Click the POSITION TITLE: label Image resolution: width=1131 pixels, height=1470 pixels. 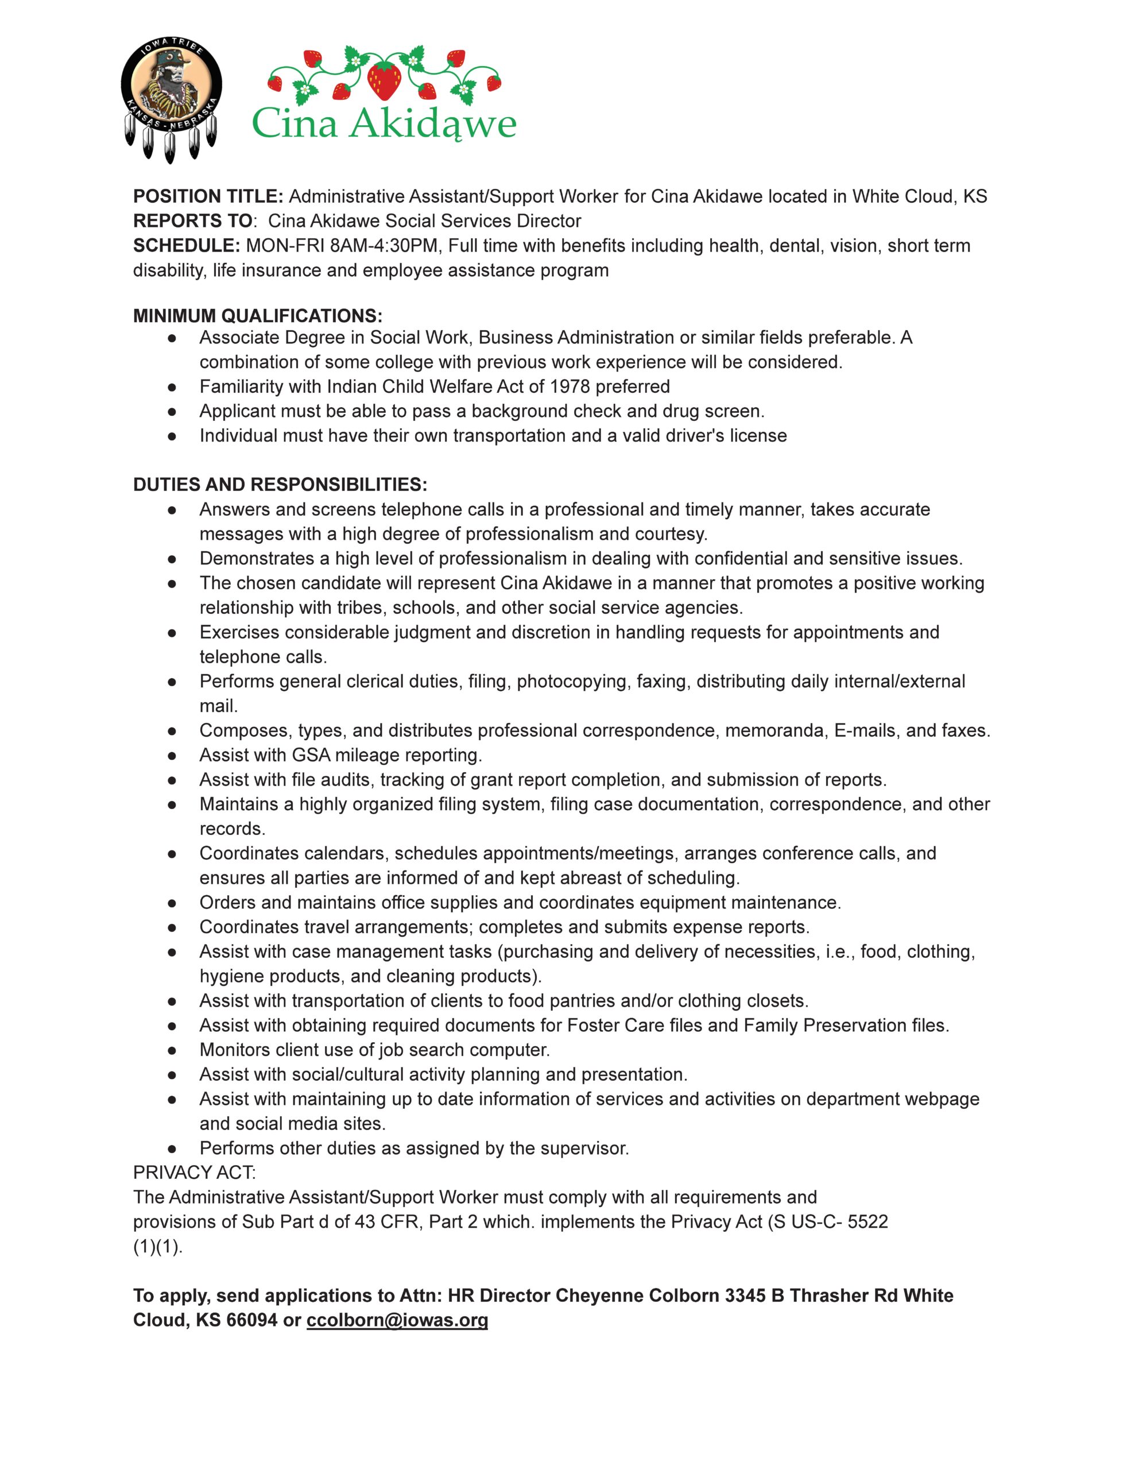coord(208,196)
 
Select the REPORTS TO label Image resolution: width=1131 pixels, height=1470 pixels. coord(192,220)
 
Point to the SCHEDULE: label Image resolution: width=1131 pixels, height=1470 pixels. coord(187,246)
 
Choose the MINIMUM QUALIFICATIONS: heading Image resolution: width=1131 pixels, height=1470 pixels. coord(258,316)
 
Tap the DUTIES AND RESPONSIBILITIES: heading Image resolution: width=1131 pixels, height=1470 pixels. coord(280,485)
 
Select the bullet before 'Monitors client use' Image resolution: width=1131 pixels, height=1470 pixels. coord(172,1050)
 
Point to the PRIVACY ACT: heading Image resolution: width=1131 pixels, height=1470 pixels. coord(195,1173)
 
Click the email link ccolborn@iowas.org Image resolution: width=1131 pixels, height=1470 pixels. coord(397,1320)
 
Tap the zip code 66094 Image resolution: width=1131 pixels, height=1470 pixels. coord(251,1320)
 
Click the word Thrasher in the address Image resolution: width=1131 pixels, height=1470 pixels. coord(824,1295)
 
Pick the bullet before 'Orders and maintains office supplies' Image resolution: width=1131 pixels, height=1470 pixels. coord(172,903)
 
